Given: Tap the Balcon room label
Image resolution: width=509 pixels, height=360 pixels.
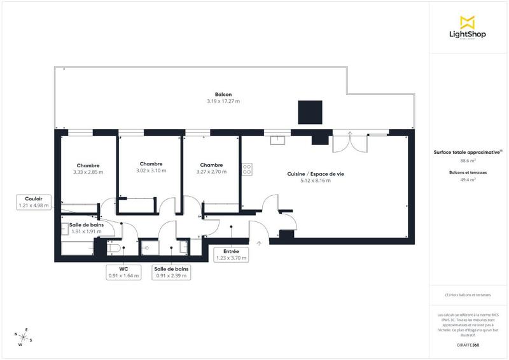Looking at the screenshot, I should point(223,94).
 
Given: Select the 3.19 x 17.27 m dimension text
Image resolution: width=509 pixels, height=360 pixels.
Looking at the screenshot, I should point(223,101).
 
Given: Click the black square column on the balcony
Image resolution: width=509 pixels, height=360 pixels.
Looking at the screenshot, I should point(310,113).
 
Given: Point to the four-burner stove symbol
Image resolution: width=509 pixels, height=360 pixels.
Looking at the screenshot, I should point(246,169).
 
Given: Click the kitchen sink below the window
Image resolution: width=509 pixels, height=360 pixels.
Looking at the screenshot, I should point(277,140).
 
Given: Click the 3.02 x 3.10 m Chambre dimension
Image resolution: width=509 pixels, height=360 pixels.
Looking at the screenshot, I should point(151,170).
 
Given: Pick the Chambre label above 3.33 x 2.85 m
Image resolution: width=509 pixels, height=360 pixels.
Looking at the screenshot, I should point(88,165).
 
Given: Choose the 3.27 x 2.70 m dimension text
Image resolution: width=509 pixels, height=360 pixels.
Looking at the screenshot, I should point(211,171).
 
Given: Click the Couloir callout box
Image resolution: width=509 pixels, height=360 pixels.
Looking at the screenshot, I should point(34,202).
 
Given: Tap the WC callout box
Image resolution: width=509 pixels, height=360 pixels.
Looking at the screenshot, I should point(124,272).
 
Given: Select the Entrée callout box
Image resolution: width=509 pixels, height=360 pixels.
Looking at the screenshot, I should point(231,254).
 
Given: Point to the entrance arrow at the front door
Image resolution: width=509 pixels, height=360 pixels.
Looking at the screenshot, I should point(259,243).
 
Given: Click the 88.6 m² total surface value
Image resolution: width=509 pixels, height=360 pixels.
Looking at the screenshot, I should point(468,160).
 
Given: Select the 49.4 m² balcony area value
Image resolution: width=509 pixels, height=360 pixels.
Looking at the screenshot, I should point(468,180).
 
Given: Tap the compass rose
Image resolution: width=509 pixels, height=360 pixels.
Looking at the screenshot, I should point(22,336).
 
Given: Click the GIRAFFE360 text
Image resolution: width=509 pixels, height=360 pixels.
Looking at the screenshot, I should point(468,344).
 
